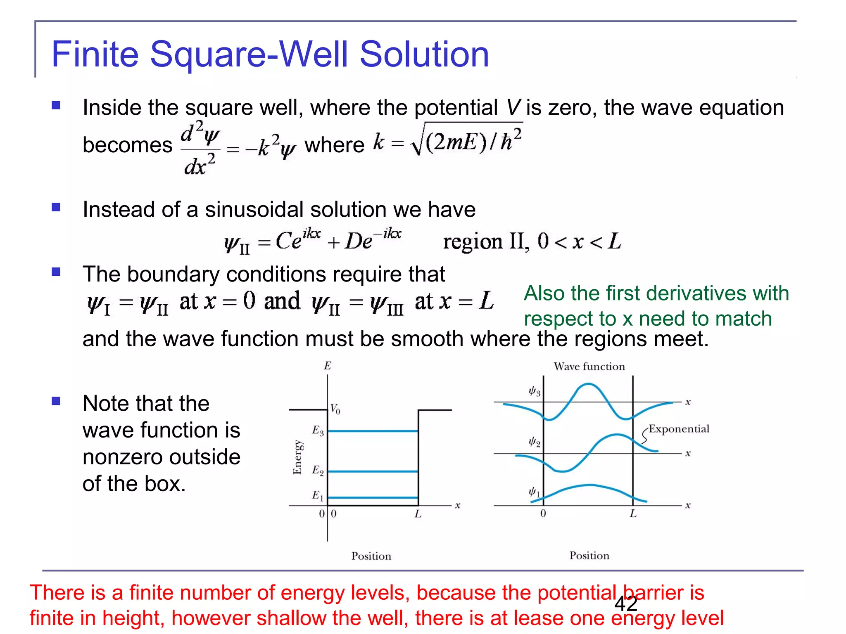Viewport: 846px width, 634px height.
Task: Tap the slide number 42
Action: click(x=626, y=604)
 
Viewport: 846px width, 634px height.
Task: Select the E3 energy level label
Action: click(x=318, y=431)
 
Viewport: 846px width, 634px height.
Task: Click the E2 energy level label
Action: click(x=318, y=471)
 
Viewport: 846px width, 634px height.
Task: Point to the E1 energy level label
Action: click(x=318, y=496)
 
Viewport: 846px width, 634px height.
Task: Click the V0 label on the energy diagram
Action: click(x=335, y=409)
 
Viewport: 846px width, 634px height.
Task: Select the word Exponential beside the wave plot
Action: click(x=679, y=429)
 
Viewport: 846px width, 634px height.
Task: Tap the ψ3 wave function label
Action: click(x=535, y=391)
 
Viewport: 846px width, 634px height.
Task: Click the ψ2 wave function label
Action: click(x=535, y=442)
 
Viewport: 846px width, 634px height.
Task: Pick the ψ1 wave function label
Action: click(x=535, y=492)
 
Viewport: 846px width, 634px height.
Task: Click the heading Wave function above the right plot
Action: click(x=589, y=367)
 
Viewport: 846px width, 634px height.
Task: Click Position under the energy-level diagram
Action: click(x=371, y=556)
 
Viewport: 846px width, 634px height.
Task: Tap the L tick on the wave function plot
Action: click(x=633, y=514)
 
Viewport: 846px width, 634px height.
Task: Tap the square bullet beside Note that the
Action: click(x=56, y=401)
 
